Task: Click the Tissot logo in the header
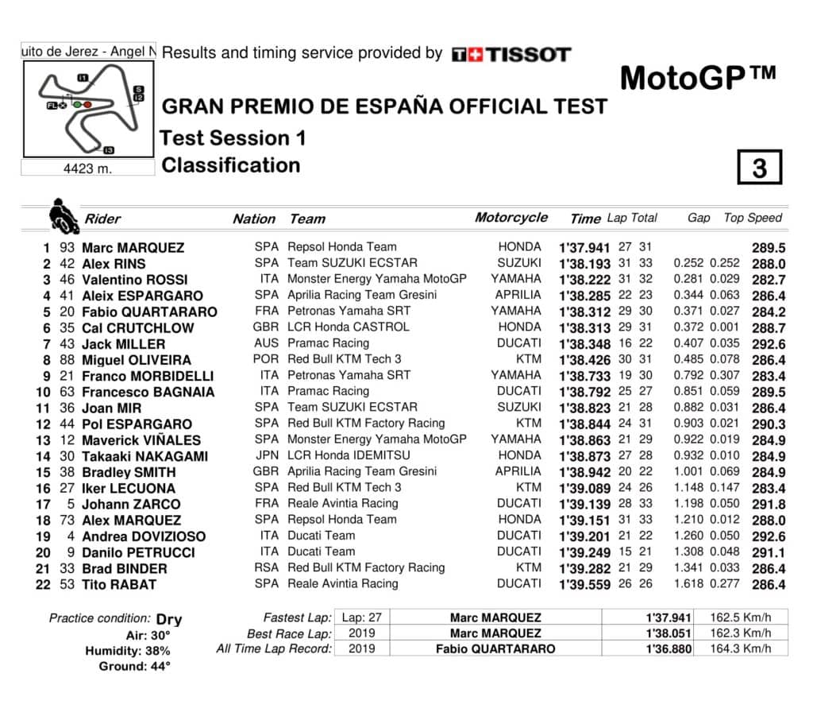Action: (x=511, y=55)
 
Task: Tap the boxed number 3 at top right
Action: (x=759, y=168)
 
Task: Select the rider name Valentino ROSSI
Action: (x=135, y=280)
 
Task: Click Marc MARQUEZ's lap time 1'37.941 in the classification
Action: (x=584, y=248)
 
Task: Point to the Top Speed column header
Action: (x=753, y=218)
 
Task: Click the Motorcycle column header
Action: (x=511, y=218)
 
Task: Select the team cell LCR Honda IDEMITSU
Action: (x=348, y=455)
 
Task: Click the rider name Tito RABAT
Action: (x=119, y=585)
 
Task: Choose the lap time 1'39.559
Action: (x=584, y=585)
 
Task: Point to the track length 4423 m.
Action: (x=87, y=168)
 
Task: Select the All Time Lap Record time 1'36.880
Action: (x=669, y=648)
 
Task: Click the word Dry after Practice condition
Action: (x=169, y=619)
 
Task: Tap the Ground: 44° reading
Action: (x=134, y=667)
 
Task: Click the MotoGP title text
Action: (x=697, y=78)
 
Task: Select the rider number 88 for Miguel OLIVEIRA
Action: (x=67, y=360)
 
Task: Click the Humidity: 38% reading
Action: (x=128, y=651)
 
